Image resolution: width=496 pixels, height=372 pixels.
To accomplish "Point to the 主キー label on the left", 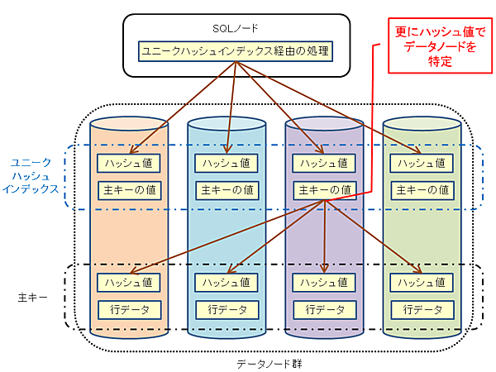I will pos(31,295).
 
